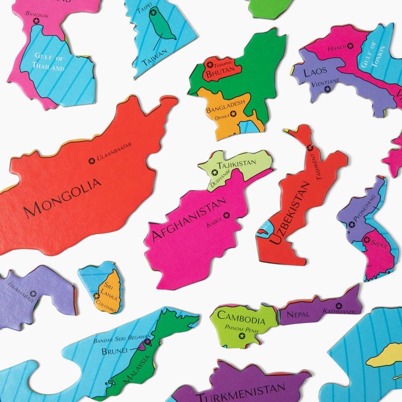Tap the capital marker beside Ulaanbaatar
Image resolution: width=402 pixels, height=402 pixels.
[92, 161]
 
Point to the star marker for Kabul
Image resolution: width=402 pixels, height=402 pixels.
[226, 215]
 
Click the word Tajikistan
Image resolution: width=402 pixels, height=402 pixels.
[236, 164]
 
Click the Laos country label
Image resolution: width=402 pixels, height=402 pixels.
[315, 71]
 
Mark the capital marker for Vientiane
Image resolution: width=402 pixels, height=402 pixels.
[328, 89]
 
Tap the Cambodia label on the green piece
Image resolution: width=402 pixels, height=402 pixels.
[241, 320]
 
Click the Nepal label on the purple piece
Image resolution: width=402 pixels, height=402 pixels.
[298, 315]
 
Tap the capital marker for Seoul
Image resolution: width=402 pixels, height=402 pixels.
[367, 240]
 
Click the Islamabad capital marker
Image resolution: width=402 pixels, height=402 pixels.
[33, 293]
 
